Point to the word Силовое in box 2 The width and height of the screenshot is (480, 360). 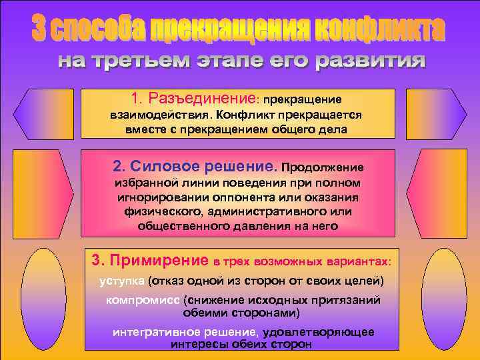pos(159,166)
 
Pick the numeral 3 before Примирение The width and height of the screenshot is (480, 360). pos(96,259)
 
